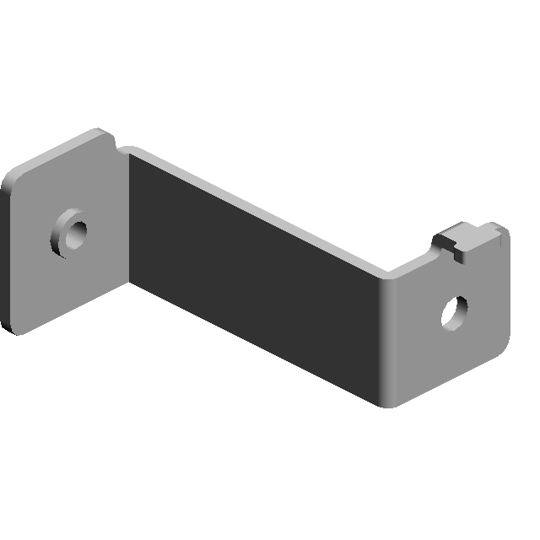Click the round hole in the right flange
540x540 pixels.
click(x=455, y=311)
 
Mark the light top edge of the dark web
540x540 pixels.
click(x=253, y=207)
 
